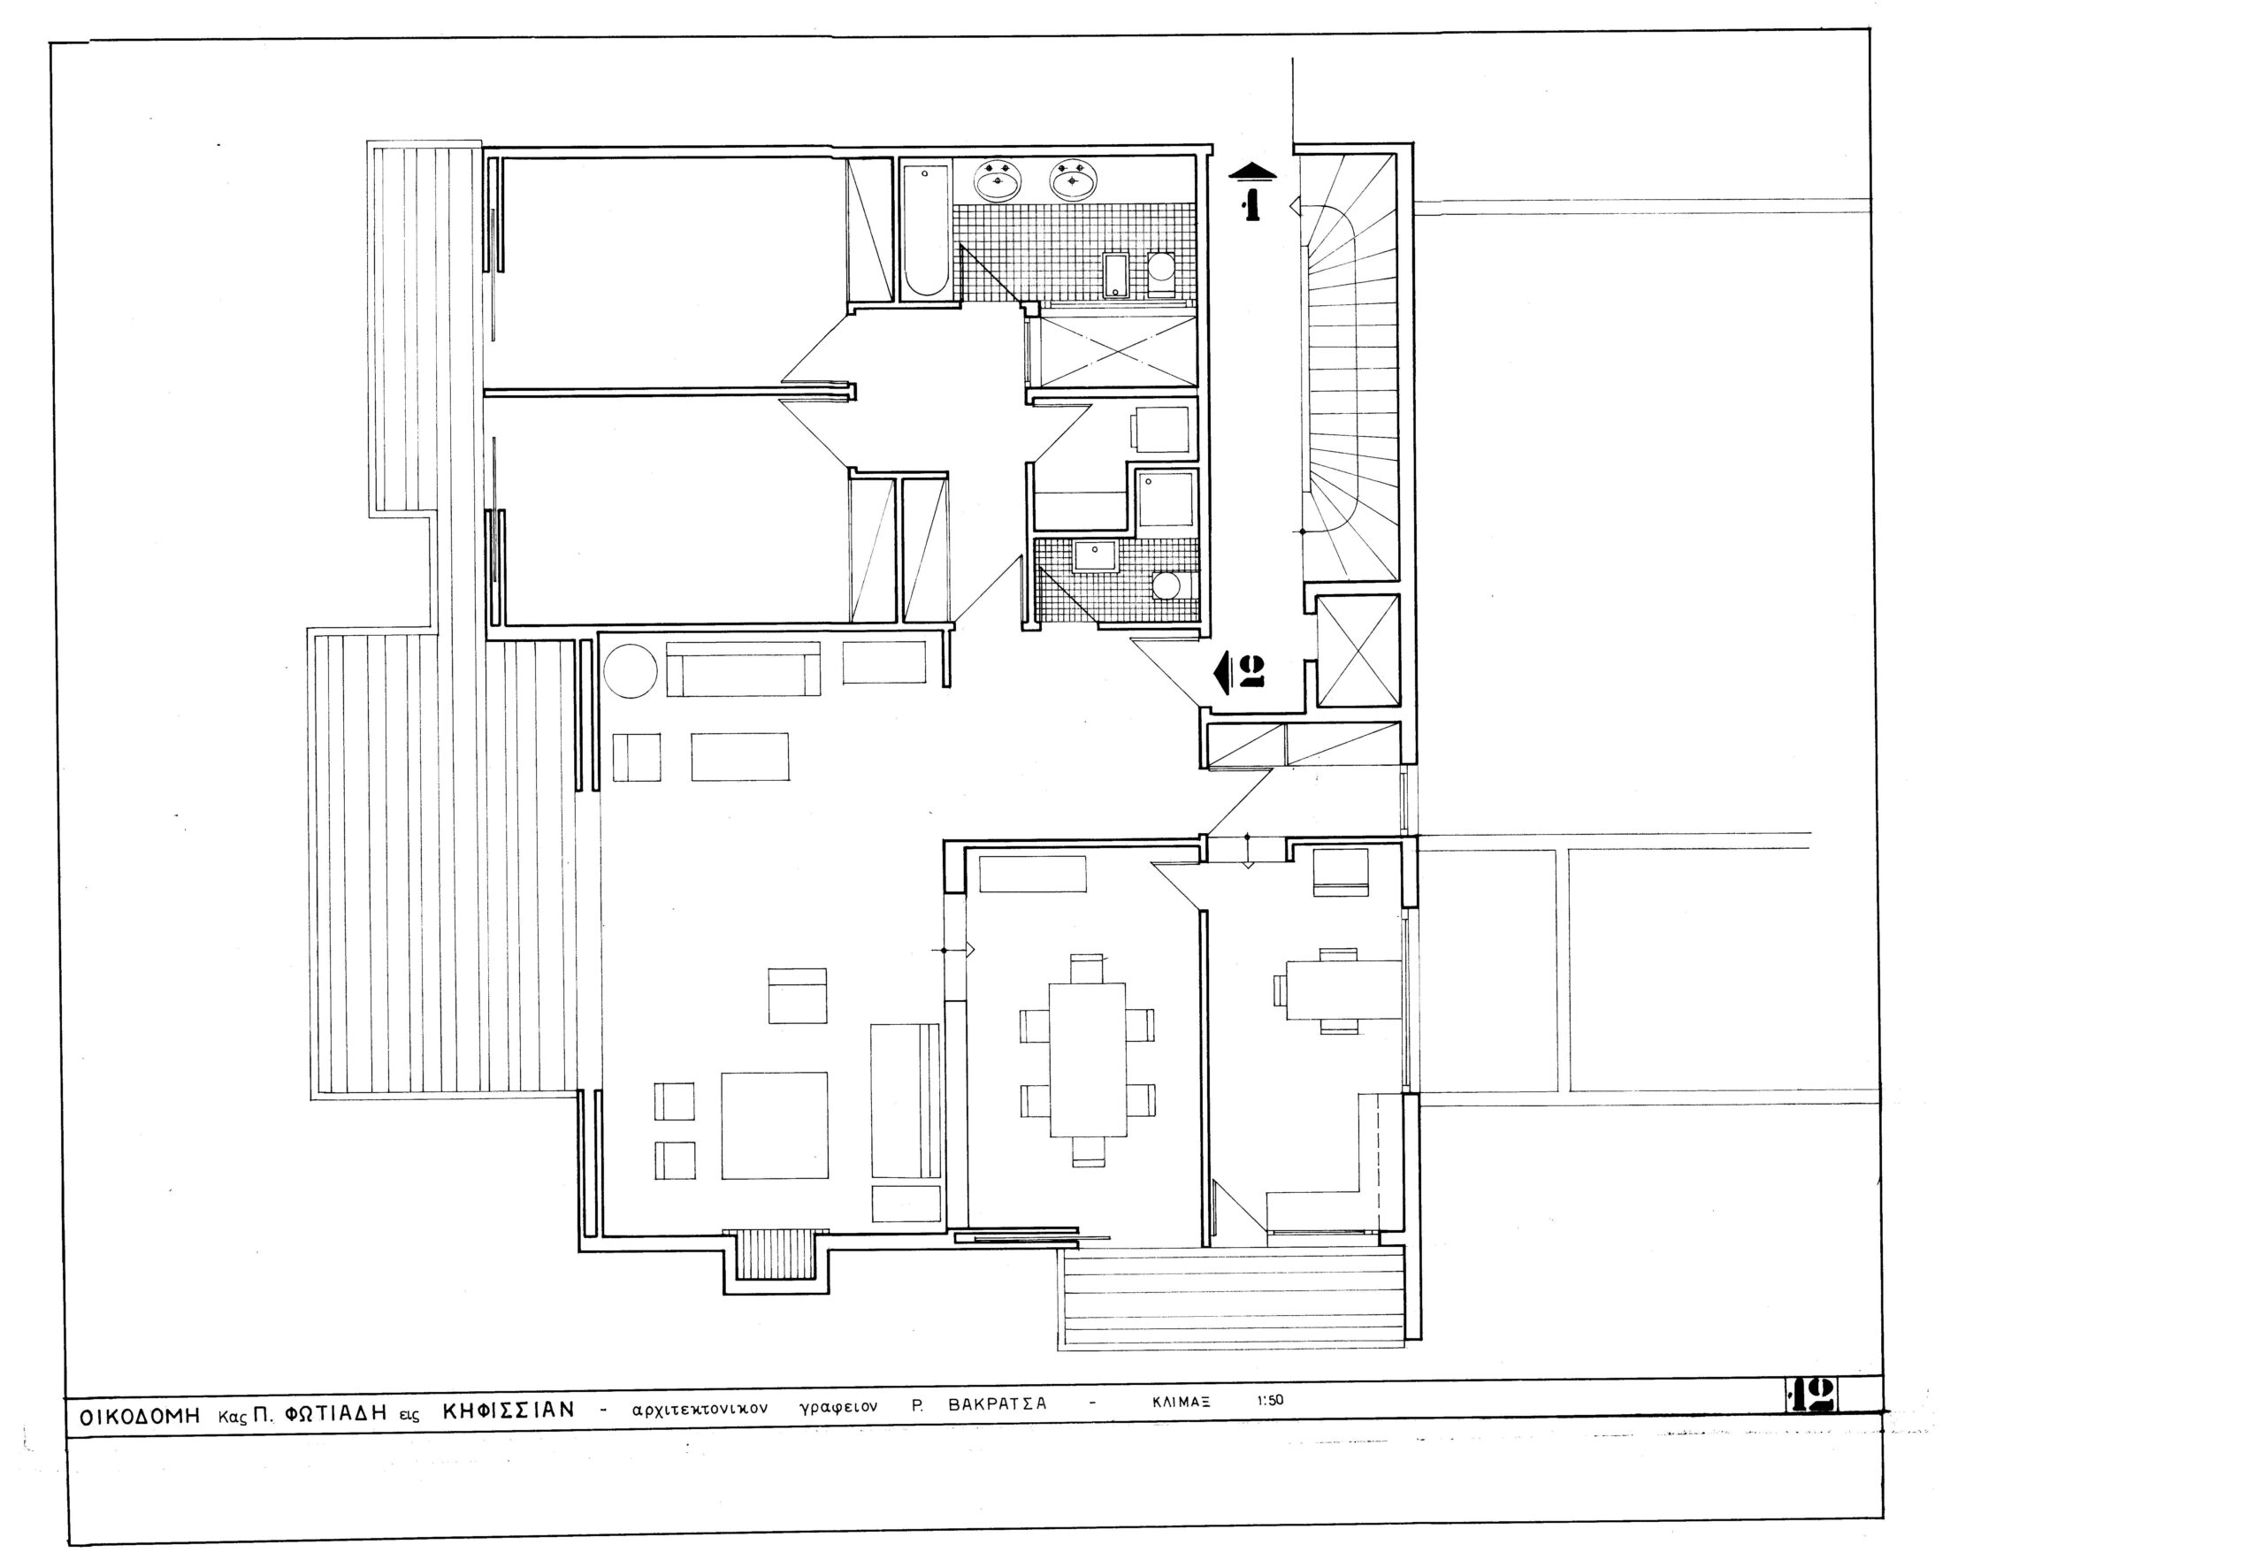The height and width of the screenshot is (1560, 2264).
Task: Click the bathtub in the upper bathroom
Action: tap(925, 232)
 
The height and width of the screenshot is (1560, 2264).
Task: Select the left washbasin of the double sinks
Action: tap(998, 180)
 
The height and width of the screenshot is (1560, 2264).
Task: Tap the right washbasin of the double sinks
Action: tap(1074, 180)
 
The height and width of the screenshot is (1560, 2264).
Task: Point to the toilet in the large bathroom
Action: tap(1161, 273)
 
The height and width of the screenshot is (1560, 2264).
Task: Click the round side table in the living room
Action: tap(631, 670)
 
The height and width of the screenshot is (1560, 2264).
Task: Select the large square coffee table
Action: tap(774, 1125)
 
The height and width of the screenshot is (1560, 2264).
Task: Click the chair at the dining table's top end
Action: tap(1086, 968)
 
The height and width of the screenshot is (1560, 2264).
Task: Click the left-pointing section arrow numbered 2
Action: tap(1238, 672)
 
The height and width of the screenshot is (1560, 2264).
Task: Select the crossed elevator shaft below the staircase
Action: tap(1358, 650)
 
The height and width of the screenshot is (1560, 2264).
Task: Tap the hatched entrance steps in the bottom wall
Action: tap(776, 1255)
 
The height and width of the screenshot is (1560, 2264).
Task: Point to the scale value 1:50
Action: tap(1270, 1400)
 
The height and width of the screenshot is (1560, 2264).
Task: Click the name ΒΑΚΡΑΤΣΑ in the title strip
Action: tap(997, 1403)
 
